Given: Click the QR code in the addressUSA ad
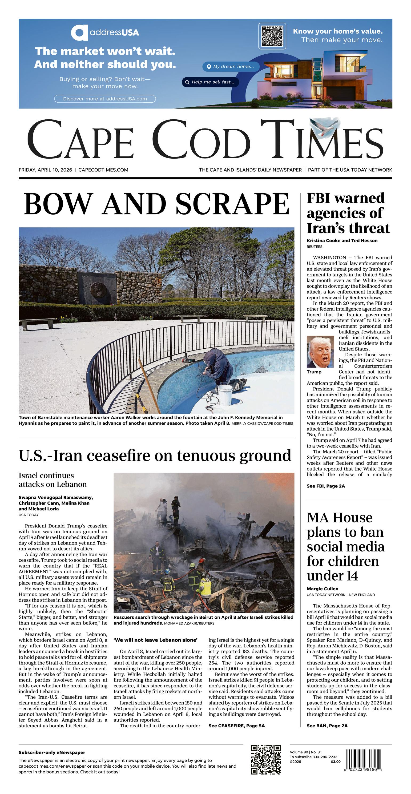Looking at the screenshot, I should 272,36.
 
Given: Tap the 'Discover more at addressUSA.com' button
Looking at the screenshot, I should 105,99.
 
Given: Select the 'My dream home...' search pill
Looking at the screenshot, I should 231,67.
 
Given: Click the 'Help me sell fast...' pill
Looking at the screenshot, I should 210,82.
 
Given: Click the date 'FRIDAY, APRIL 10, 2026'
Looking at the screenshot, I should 45,170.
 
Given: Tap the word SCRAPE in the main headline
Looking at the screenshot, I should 232,204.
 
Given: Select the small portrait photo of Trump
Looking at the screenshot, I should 320,352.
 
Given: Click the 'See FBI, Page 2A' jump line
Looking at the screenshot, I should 326,486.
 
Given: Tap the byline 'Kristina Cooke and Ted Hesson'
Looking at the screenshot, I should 342,240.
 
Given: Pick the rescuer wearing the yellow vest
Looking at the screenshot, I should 205,587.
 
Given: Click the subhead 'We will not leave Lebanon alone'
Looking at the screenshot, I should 155,640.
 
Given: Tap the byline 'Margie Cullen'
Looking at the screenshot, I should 322,589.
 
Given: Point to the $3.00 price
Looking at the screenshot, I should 336,762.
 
